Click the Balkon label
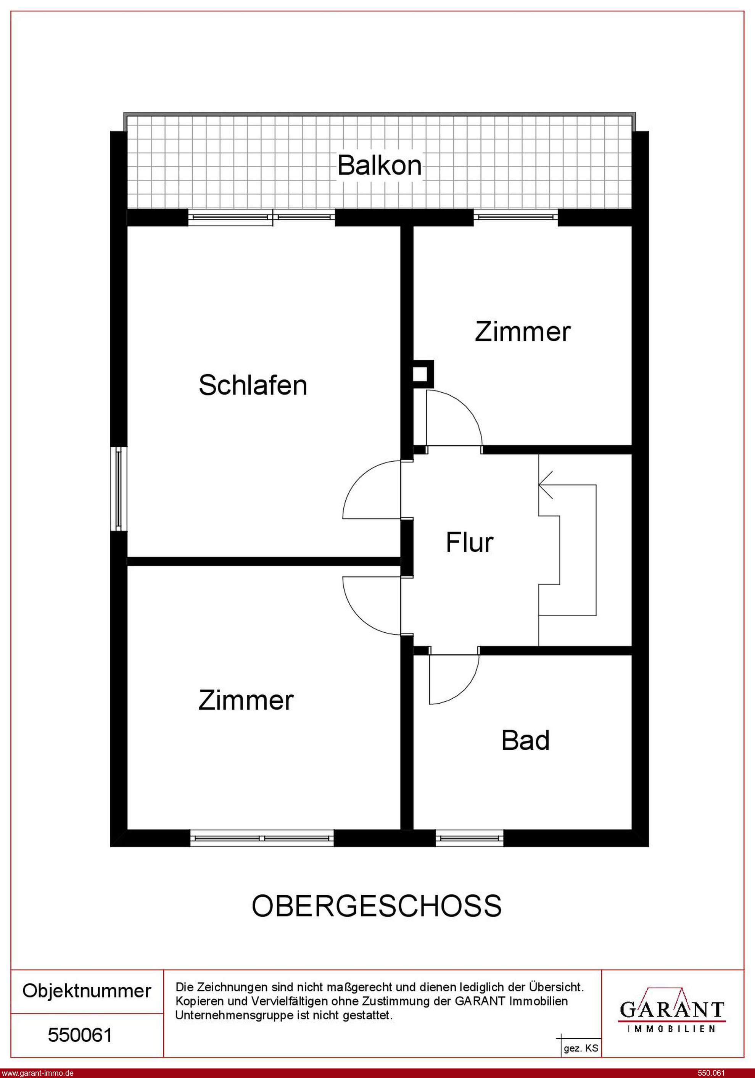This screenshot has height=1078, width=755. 379,165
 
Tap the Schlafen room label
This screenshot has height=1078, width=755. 253,385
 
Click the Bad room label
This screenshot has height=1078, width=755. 525,740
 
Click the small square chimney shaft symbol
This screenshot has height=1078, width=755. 421,374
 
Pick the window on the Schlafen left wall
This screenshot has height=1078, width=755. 119,488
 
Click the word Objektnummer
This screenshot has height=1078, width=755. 87,991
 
